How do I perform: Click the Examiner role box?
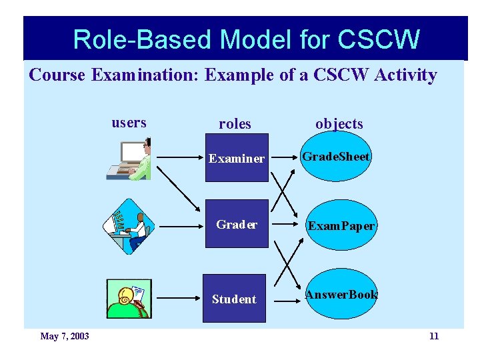tap(236, 158)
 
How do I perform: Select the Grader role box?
tap(236, 224)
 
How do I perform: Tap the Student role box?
tap(234, 299)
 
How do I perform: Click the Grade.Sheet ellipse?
tap(336, 157)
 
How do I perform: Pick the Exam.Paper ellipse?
tap(341, 225)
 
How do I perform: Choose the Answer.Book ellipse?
tap(341, 295)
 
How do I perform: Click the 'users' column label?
tap(129, 123)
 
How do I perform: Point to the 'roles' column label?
tap(235, 124)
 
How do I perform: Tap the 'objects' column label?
tap(339, 124)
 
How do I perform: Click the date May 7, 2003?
tap(65, 336)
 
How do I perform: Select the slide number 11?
tap(433, 336)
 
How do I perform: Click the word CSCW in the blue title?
tap(379, 40)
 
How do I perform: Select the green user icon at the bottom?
tap(129, 299)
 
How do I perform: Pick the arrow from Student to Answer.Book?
tap(287, 301)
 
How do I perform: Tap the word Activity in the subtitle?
tap(405, 75)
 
